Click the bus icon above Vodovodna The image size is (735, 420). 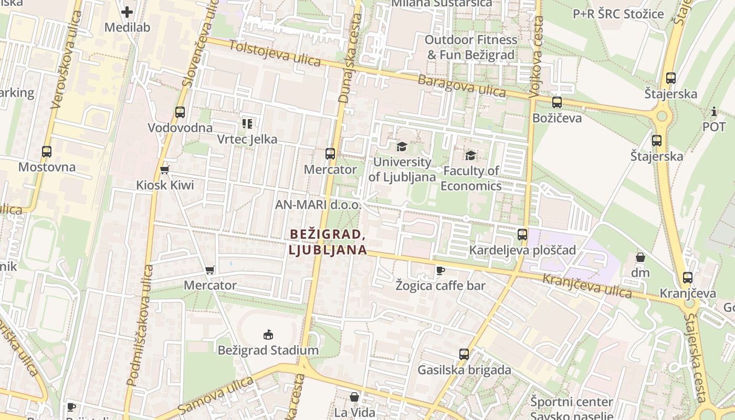[180, 112]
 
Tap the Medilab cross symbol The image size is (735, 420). [127, 12]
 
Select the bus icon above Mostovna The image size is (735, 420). [47, 152]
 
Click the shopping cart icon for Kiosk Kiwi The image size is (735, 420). [165, 170]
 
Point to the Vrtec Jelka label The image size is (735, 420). [247, 140]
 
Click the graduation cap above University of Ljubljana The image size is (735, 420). [402, 146]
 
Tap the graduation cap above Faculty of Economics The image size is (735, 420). [471, 155]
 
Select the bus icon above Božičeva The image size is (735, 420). [557, 102]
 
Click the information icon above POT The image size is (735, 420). [713, 111]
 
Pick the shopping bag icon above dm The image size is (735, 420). [640, 257]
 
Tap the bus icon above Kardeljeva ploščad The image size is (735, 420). [522, 235]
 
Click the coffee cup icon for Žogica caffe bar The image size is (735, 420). [440, 270]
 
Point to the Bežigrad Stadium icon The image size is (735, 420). [268, 334]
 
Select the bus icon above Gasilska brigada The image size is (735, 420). [464, 354]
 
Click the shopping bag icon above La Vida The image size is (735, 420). [355, 397]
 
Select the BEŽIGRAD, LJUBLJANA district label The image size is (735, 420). [327, 242]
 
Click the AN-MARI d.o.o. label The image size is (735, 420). [318, 205]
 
